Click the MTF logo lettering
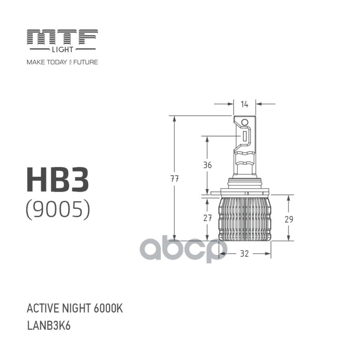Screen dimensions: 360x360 point(62,36)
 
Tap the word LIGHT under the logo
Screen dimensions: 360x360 point(62,49)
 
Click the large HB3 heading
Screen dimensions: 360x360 point(58,180)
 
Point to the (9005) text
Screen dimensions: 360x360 point(58,209)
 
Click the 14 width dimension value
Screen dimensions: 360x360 point(244,104)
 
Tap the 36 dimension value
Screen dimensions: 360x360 point(207,165)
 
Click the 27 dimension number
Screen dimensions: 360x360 point(207,219)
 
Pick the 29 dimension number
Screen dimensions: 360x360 point(289,219)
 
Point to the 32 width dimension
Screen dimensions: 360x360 point(244,254)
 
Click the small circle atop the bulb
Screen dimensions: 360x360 point(245,122)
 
